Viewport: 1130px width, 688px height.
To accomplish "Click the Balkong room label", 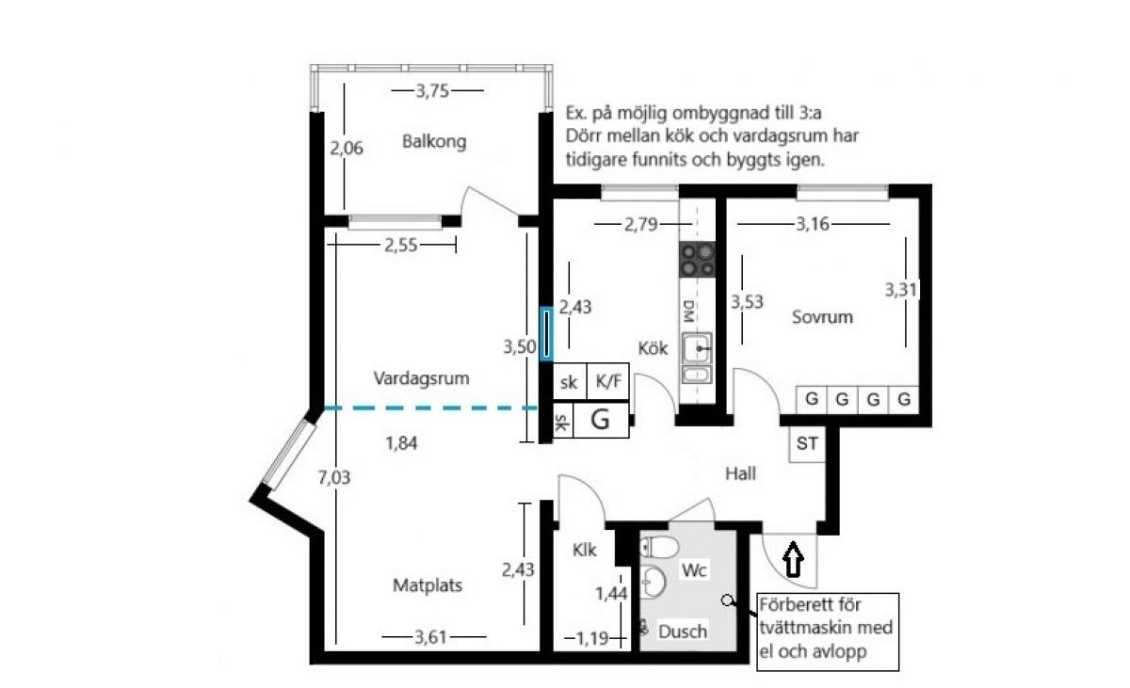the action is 434,141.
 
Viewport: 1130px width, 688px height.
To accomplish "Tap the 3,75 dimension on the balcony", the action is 432,91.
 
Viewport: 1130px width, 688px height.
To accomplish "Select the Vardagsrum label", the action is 421,378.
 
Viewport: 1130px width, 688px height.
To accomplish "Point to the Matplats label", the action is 428,585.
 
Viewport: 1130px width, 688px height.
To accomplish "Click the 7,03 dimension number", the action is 334,477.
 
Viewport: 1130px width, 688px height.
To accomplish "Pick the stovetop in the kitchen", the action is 697,260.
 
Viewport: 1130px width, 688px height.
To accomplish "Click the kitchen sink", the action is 697,348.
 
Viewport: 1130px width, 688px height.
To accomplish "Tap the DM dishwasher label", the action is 688,311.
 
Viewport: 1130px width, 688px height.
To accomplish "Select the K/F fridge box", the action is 608,381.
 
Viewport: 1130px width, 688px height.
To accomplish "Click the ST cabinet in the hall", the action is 807,444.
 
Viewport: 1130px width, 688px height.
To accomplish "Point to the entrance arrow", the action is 794,559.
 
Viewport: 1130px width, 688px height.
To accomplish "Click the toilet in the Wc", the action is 659,548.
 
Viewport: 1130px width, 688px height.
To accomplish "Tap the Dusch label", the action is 683,632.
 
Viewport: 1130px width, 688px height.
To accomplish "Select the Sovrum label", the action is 822,317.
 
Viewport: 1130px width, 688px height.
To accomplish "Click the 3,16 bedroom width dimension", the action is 812,224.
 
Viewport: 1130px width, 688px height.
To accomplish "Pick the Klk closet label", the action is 585,550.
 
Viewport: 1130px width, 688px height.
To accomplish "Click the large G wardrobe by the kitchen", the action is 601,420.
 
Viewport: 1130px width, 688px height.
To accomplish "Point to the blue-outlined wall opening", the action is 546,334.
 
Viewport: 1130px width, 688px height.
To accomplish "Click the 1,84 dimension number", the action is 401,443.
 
